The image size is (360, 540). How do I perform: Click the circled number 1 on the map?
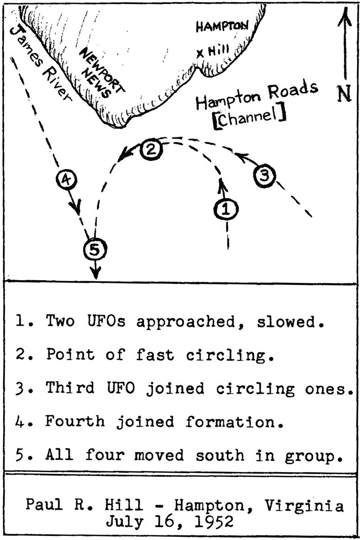[x=226, y=209]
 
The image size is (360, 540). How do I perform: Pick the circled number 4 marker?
[x=66, y=180]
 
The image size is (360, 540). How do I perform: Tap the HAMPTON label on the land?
[x=221, y=27]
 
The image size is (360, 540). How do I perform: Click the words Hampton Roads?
[x=256, y=96]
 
